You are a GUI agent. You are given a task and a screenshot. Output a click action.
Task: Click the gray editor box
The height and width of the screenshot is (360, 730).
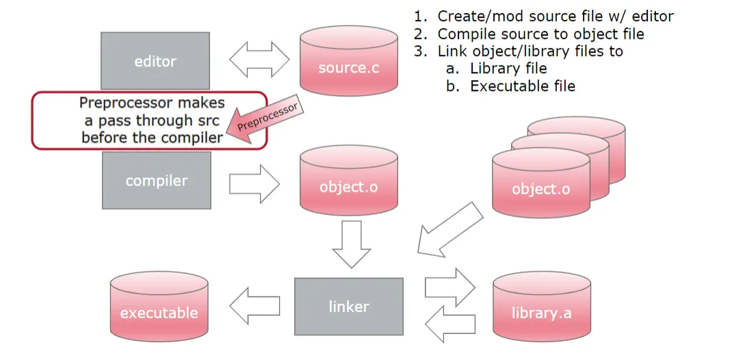click(155, 61)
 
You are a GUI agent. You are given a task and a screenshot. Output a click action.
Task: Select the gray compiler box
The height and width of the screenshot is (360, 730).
click(156, 181)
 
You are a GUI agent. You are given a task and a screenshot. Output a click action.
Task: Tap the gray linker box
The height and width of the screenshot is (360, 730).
click(348, 306)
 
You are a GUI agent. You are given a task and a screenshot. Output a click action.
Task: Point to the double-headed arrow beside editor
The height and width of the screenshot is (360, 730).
click(259, 60)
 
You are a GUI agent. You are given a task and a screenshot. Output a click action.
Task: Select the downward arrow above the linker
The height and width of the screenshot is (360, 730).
click(350, 244)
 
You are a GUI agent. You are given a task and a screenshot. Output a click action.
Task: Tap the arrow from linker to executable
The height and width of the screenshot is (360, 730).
click(255, 305)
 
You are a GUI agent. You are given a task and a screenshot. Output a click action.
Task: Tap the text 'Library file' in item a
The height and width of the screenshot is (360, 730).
click(508, 68)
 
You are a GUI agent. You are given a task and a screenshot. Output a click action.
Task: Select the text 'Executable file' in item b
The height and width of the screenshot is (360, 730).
click(523, 86)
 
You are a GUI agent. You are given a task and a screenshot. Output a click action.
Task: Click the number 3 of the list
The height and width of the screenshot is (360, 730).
click(419, 51)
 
